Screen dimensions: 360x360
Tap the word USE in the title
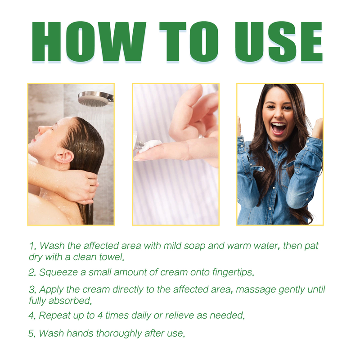click(x=279, y=41)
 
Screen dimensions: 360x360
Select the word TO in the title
click(x=189, y=41)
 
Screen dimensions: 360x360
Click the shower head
click(x=95, y=99)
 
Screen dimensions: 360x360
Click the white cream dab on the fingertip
click(x=149, y=145)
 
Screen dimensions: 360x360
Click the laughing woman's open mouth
click(x=278, y=128)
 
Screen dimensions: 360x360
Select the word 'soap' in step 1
click(x=195, y=246)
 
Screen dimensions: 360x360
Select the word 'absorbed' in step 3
click(x=70, y=301)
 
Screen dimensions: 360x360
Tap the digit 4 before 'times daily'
click(x=100, y=315)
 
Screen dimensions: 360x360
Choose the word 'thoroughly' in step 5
click(x=119, y=333)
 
